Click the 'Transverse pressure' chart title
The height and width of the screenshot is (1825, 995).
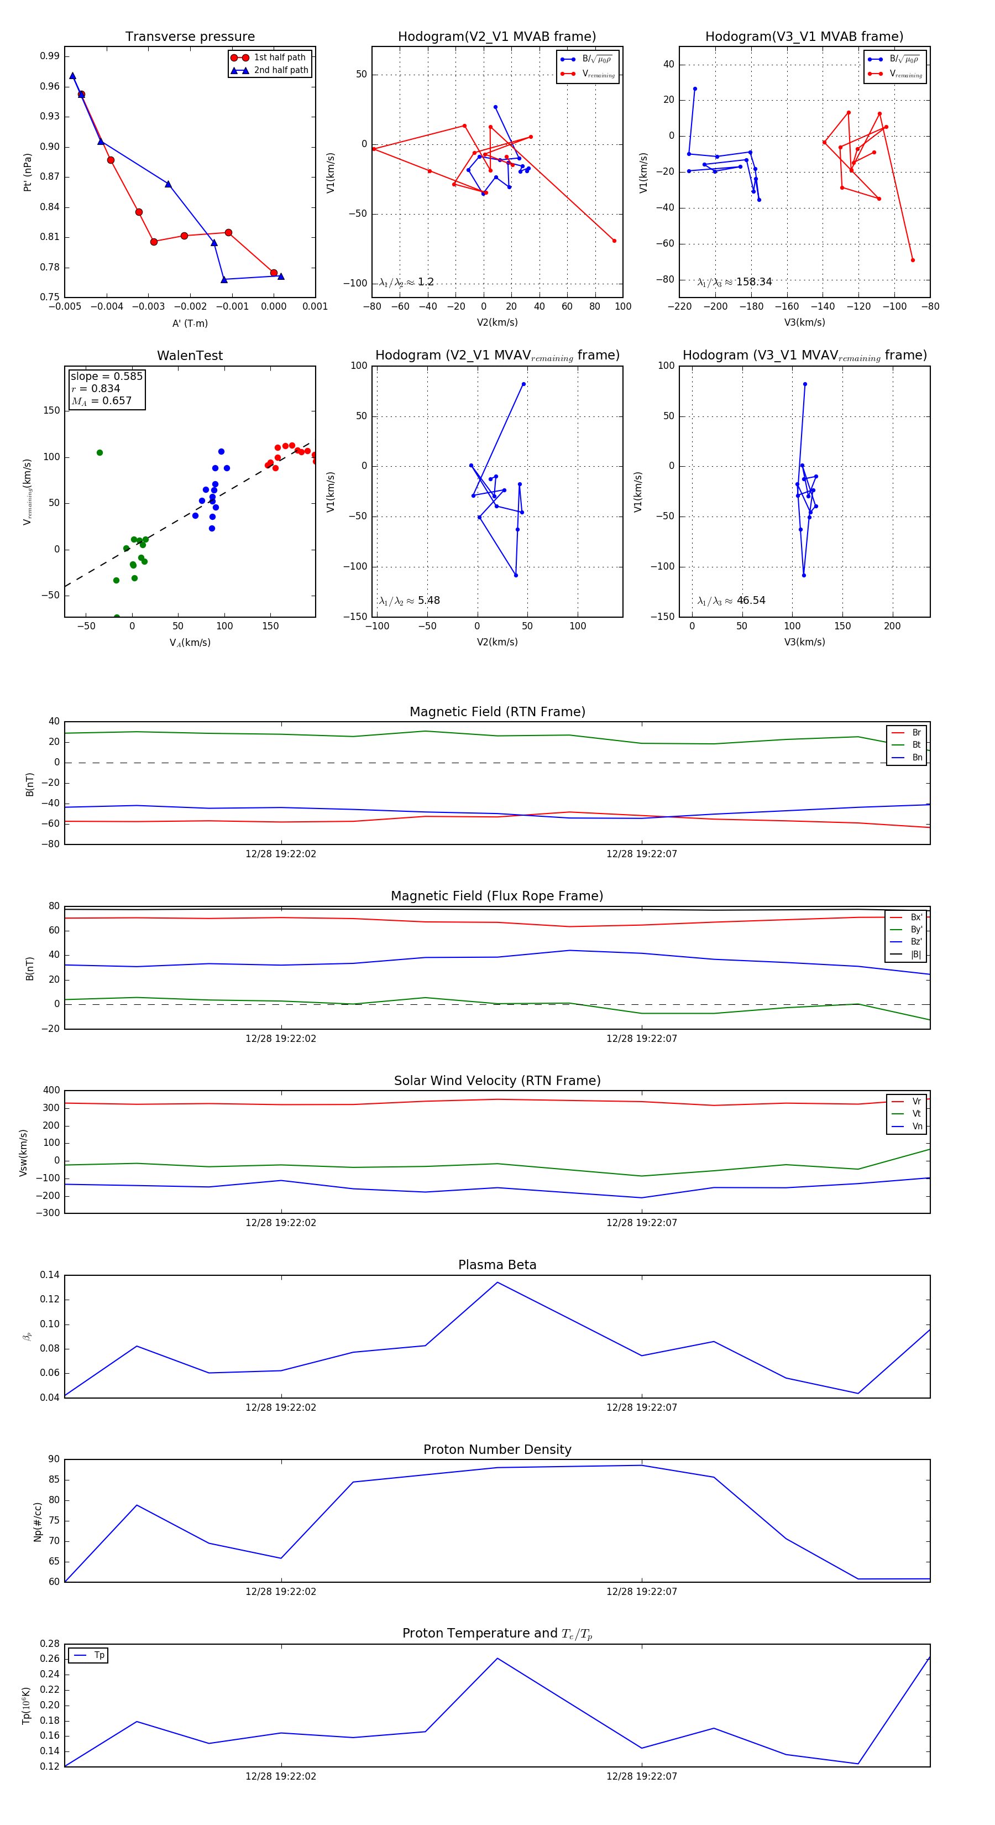(x=190, y=37)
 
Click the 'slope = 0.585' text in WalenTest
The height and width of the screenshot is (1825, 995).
(x=106, y=376)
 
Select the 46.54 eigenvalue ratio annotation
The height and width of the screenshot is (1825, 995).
(x=751, y=601)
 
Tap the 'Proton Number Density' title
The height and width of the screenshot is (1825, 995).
(x=497, y=1449)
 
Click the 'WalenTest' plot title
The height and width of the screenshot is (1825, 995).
(x=190, y=356)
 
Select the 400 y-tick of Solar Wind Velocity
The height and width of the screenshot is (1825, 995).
(x=52, y=1091)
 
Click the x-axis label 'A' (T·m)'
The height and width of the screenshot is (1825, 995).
(x=190, y=323)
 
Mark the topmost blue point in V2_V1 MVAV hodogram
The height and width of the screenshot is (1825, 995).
(x=523, y=384)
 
